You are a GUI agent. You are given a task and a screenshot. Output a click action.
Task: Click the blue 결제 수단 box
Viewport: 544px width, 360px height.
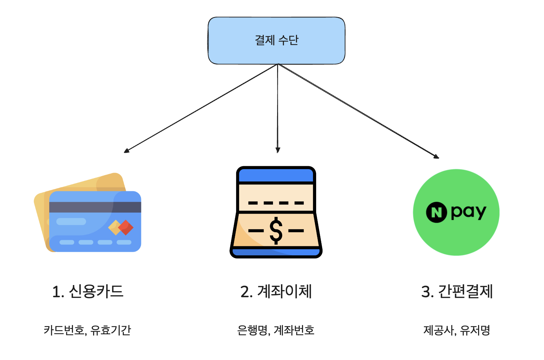(276, 41)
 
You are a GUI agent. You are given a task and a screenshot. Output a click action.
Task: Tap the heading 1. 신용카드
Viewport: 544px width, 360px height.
(88, 292)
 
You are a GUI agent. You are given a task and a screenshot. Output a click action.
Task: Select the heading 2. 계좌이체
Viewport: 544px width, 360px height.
(276, 292)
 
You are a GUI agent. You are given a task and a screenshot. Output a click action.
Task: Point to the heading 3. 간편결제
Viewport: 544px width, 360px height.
(457, 292)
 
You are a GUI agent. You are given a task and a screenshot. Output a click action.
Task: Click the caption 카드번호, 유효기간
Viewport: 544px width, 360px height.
(87, 330)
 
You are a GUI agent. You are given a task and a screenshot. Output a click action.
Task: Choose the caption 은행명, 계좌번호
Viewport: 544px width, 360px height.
(276, 330)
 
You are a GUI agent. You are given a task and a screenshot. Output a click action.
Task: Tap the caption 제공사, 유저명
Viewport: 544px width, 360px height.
(457, 330)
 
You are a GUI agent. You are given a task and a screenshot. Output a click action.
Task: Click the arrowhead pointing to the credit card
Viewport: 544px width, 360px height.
(126, 151)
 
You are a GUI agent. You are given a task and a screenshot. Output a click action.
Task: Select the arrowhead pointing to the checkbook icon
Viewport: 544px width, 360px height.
(278, 150)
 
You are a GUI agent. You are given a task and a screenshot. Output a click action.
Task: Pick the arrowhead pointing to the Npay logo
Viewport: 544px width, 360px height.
(436, 156)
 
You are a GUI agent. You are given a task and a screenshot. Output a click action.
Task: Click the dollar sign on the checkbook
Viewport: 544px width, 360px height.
(276, 231)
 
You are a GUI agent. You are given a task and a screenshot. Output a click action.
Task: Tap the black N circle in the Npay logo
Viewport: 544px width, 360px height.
(436, 212)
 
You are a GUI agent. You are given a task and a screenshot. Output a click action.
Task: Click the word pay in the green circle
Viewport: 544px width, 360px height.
(468, 212)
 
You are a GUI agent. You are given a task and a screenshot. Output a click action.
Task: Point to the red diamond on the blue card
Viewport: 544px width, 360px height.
(126, 227)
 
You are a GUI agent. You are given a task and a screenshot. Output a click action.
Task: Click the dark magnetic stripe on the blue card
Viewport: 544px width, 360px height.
(95, 207)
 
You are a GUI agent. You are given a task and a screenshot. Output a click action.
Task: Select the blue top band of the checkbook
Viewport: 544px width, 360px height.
(276, 175)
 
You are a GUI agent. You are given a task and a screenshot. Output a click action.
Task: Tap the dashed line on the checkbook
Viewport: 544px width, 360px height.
(276, 203)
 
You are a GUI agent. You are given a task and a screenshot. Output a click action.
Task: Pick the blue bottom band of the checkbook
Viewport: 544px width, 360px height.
(276, 252)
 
